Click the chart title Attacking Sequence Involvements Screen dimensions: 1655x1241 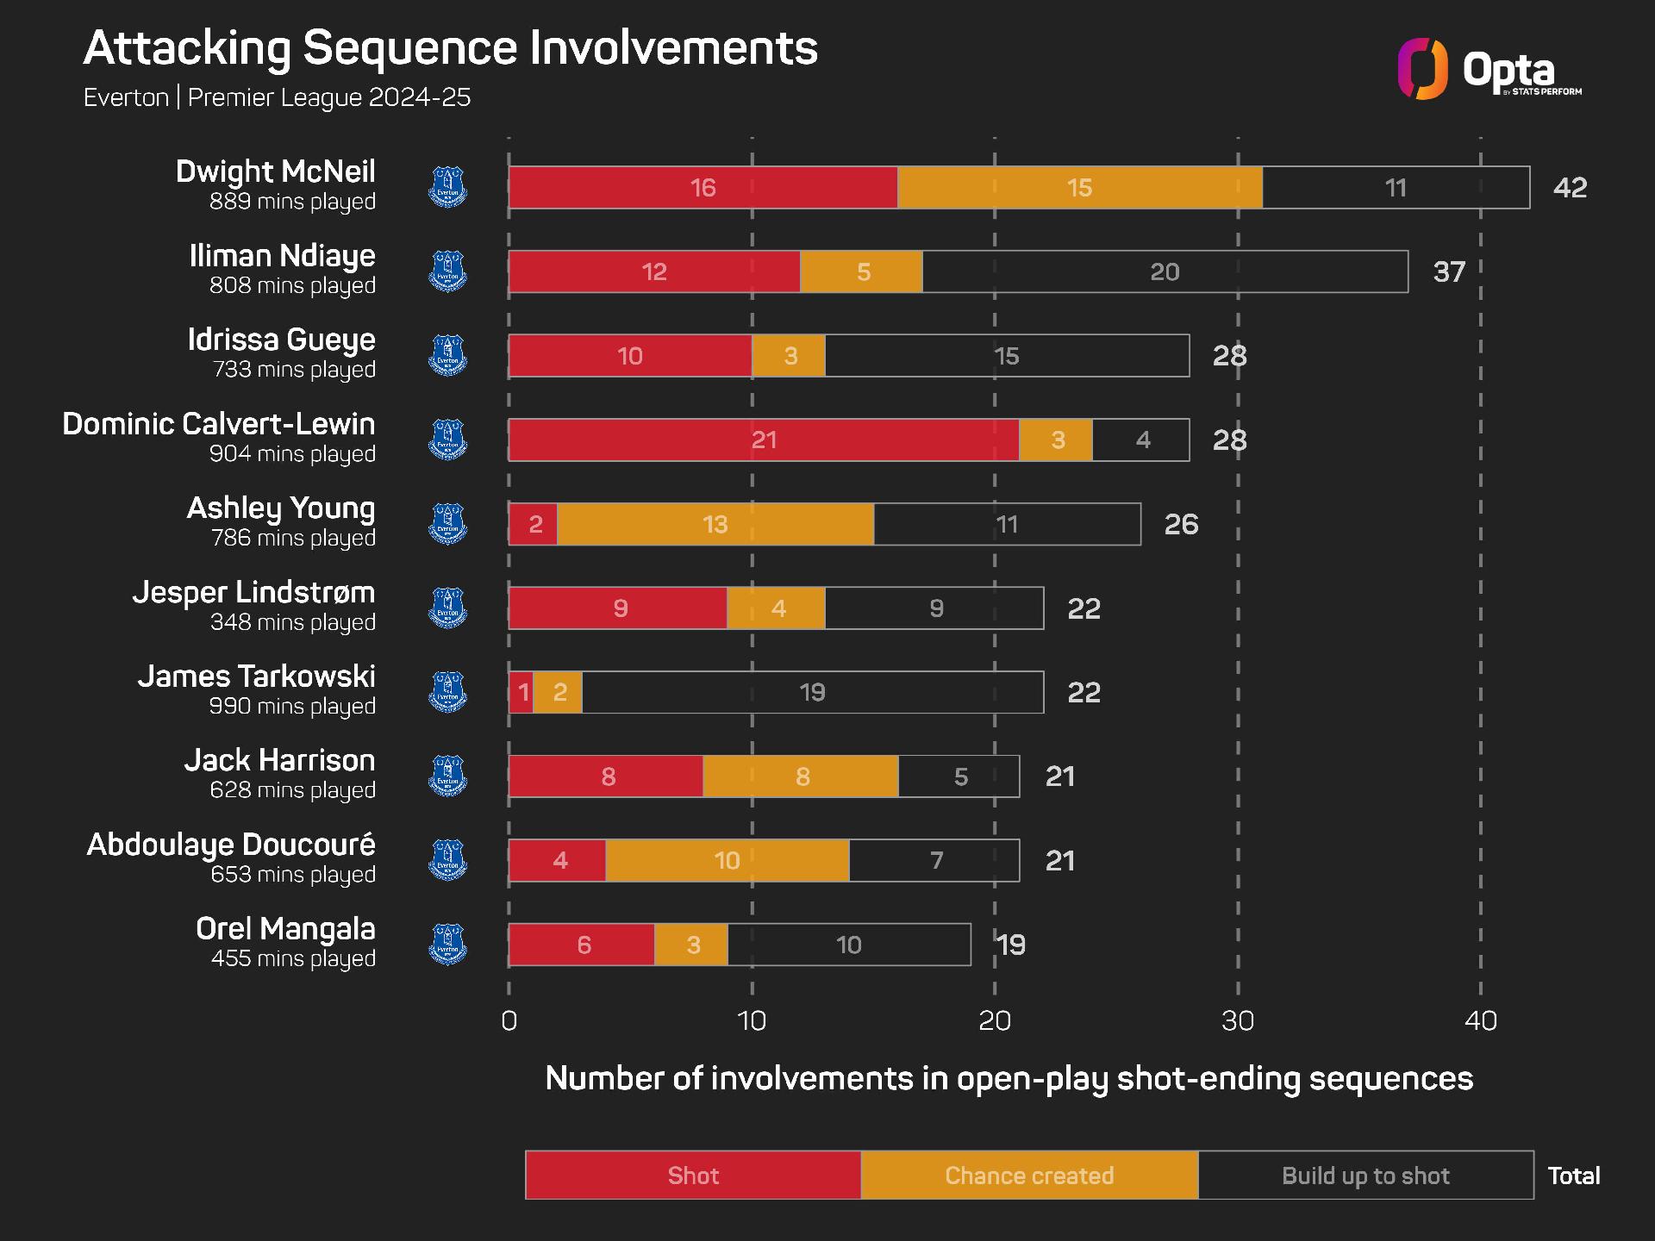click(x=450, y=48)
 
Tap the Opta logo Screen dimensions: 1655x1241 click(x=1489, y=69)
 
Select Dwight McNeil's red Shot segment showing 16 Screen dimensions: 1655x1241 click(x=703, y=187)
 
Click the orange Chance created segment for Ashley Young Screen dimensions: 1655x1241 click(x=715, y=524)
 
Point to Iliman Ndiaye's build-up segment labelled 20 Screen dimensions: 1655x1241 click(x=1165, y=271)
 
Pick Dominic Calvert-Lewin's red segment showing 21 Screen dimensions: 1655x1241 click(x=764, y=440)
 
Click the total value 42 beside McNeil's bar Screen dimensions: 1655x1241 click(x=1570, y=187)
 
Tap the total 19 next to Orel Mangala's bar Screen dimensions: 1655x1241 click(x=1011, y=945)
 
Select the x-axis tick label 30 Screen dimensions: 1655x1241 click(x=1238, y=1021)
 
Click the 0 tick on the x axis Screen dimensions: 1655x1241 click(x=509, y=1021)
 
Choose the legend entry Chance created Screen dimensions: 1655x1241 click(x=1029, y=1175)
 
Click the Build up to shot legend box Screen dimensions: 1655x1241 click(x=1365, y=1175)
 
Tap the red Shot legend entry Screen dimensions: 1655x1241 click(x=693, y=1175)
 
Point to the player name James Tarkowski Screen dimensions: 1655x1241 click(x=257, y=677)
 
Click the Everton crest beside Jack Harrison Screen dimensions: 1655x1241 click(x=447, y=776)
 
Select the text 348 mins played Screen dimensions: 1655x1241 click(x=293, y=621)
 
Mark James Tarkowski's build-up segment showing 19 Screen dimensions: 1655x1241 click(x=812, y=692)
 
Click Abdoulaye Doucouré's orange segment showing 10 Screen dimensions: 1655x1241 click(x=727, y=860)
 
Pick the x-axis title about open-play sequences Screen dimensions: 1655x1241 click(x=1009, y=1079)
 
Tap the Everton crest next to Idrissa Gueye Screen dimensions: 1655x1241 click(x=447, y=355)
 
